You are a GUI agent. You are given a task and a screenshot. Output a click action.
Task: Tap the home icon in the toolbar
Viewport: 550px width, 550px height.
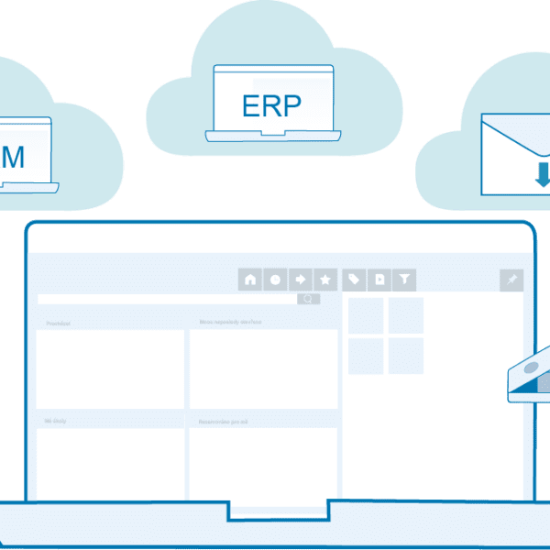[250, 280]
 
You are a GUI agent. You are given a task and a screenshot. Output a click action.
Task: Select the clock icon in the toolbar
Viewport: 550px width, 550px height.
[275, 280]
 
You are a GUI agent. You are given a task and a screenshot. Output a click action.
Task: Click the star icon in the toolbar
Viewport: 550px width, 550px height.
[324, 280]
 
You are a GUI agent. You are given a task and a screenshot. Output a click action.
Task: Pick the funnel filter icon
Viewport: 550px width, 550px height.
[403, 280]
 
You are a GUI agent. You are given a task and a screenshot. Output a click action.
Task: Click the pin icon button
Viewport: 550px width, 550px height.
[511, 280]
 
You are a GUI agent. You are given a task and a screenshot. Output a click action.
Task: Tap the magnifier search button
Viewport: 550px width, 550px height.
[309, 299]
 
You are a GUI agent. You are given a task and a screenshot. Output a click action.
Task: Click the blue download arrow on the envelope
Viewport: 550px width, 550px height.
[543, 173]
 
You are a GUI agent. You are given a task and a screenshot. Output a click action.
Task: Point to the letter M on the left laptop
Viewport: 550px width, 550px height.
[14, 156]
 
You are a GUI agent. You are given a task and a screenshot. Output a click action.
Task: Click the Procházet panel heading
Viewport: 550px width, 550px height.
[59, 324]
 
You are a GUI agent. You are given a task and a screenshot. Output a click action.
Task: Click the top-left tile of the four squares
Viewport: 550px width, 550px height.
[366, 315]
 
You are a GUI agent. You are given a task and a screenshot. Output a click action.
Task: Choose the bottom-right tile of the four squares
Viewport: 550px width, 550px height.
[406, 356]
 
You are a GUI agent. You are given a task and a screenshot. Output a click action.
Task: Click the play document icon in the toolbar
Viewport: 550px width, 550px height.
[379, 280]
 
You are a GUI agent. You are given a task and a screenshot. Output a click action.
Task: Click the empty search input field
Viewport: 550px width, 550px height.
[165, 299]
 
